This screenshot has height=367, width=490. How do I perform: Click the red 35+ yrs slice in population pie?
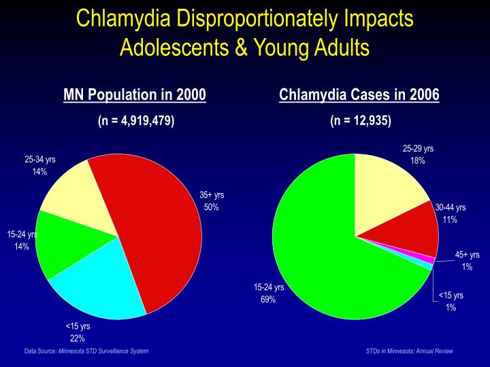click(160, 224)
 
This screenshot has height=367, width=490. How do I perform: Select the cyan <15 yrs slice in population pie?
click(102, 285)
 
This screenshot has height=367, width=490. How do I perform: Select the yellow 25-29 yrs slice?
click(388, 190)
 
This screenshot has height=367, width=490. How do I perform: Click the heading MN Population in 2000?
click(135, 94)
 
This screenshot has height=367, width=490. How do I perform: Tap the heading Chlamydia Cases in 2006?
click(359, 94)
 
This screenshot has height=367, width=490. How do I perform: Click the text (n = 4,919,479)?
click(135, 120)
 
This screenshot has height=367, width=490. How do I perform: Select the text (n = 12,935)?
click(360, 120)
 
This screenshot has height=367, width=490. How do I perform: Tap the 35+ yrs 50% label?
click(212, 201)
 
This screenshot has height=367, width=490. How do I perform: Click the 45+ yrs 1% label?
click(467, 261)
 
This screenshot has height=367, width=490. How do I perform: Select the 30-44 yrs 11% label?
click(450, 213)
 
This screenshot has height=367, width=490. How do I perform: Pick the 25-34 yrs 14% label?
click(40, 166)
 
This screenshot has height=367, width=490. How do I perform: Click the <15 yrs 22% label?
click(77, 332)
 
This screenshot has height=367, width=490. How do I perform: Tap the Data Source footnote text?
click(86, 351)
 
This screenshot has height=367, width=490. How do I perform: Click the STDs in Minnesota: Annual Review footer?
click(409, 351)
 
